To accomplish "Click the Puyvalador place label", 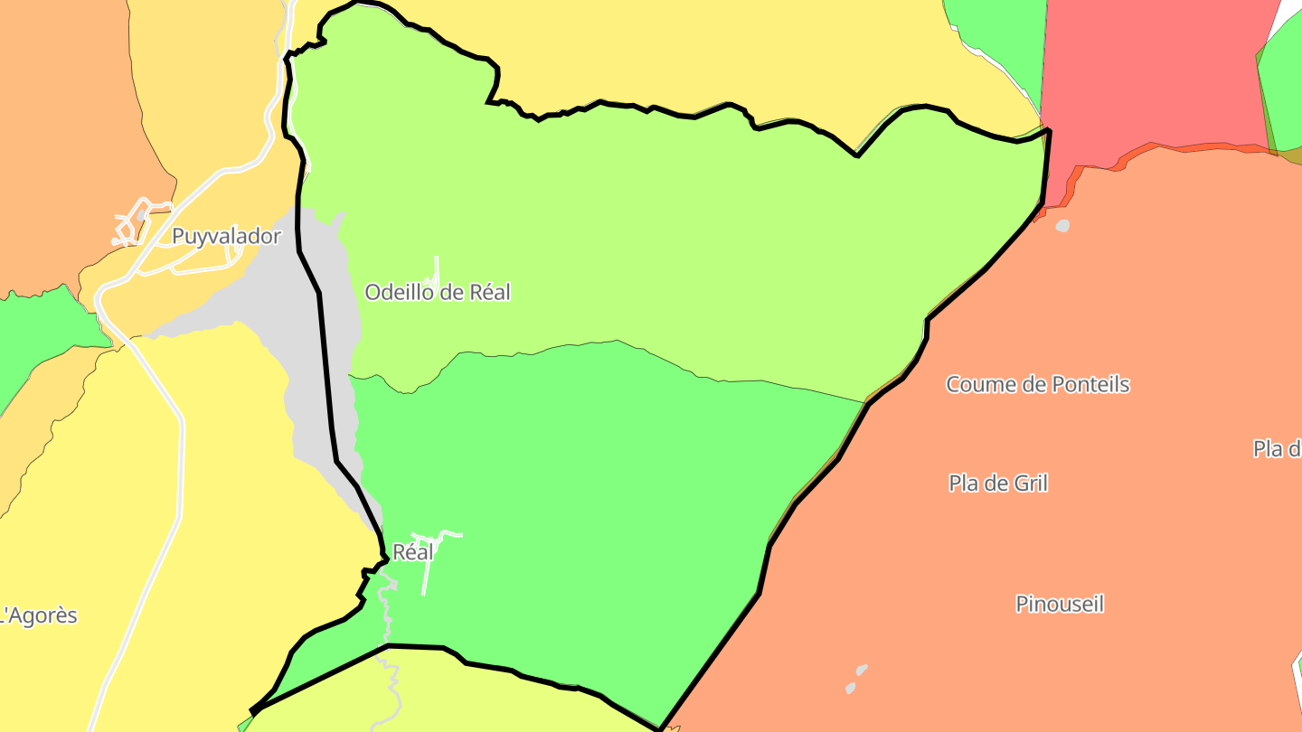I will pyautogui.click(x=226, y=237).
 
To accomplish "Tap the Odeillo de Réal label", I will pyautogui.click(x=438, y=293).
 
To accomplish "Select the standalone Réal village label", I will pyautogui.click(x=413, y=552).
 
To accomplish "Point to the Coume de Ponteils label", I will pyautogui.click(x=1038, y=385).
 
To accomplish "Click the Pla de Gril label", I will pyautogui.click(x=998, y=483).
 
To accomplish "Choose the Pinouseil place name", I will pyautogui.click(x=1060, y=605).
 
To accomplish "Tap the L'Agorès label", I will pyautogui.click(x=40, y=616).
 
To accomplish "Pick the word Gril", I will pyautogui.click(x=1030, y=483).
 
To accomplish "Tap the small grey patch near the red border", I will pyautogui.click(x=1062, y=225).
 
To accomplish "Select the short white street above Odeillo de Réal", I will pyautogui.click(x=437, y=268).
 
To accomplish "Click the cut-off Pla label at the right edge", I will pyautogui.click(x=1277, y=449).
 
